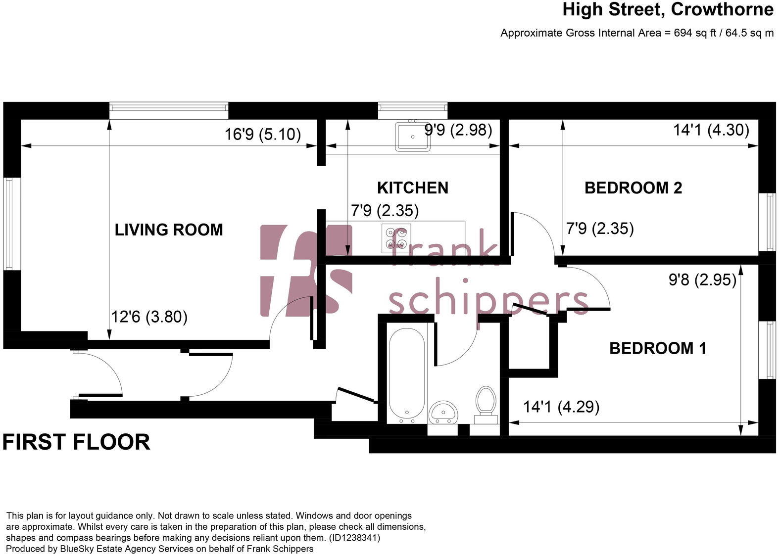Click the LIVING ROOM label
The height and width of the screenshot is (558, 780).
(x=169, y=230)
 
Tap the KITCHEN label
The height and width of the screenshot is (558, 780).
(x=412, y=187)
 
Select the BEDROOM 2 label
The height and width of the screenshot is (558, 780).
(x=633, y=187)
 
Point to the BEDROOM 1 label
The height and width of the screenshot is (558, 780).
(x=657, y=348)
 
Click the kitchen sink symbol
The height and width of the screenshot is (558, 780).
(x=412, y=137)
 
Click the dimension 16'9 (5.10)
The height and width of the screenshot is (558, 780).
(x=262, y=134)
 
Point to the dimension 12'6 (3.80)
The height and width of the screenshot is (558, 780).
(x=149, y=316)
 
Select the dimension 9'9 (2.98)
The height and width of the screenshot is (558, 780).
(x=458, y=130)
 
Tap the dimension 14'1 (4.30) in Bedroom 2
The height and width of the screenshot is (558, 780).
(x=711, y=130)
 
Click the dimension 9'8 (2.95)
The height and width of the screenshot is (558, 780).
(x=702, y=280)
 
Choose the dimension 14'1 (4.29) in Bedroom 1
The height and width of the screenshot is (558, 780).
(x=561, y=407)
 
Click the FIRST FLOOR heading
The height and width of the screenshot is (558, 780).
(x=76, y=442)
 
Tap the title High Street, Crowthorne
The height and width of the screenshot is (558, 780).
(x=668, y=9)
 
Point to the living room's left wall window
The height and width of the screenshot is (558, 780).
(x=9, y=224)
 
